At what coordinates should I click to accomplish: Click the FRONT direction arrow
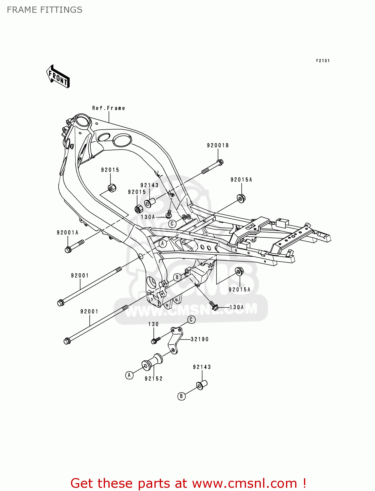click(x=58, y=77)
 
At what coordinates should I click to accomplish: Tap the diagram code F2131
click(x=323, y=61)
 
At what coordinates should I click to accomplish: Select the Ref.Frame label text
click(x=108, y=108)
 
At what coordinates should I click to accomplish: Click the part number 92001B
click(x=218, y=145)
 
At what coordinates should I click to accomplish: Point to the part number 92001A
click(x=67, y=233)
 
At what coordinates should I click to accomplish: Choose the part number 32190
click(x=200, y=339)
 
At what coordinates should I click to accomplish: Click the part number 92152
click(x=153, y=378)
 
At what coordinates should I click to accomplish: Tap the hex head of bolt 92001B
click(x=220, y=162)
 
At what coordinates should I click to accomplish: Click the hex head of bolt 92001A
click(x=68, y=250)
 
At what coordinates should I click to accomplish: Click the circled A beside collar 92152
click(x=129, y=375)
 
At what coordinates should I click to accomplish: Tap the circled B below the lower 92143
click(x=181, y=396)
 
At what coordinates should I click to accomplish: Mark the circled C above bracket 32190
click(x=191, y=319)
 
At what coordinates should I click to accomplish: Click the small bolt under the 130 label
click(x=155, y=340)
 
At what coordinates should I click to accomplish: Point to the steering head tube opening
click(x=82, y=120)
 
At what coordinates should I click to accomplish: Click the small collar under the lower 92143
click(x=202, y=385)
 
